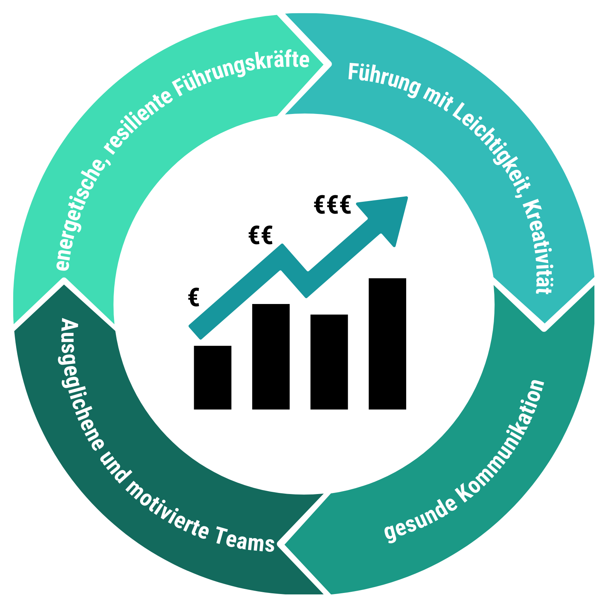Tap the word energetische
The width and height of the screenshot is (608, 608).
point(79,217)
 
